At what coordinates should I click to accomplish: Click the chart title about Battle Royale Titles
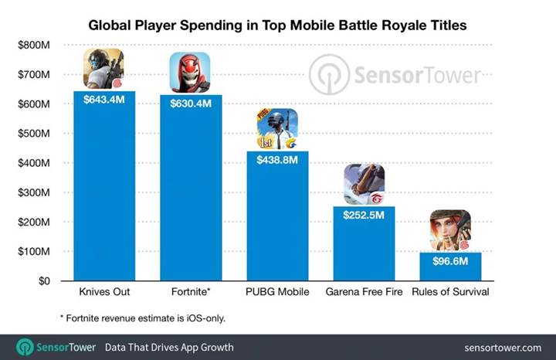click(277, 25)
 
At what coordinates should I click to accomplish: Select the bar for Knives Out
click(104, 193)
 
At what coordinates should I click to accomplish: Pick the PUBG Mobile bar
click(277, 224)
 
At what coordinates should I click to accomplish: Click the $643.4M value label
click(104, 99)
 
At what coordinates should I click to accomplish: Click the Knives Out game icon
click(103, 69)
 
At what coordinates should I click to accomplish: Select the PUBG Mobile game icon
click(277, 129)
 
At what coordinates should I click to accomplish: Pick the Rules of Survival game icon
click(450, 230)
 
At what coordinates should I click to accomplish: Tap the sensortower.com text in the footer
click(503, 347)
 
